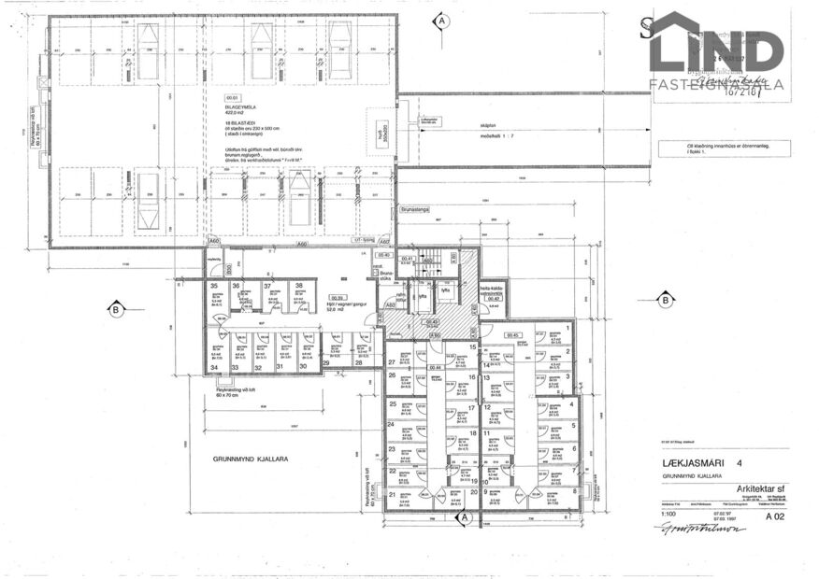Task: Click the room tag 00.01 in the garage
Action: (232, 97)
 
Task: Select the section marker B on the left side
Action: (115, 309)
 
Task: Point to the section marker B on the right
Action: (665, 300)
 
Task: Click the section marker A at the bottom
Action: (463, 515)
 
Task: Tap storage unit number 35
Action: (214, 286)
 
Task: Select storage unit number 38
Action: (299, 286)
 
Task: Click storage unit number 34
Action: (214, 367)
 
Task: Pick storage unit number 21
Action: (393, 495)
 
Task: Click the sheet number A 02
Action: (773, 515)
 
